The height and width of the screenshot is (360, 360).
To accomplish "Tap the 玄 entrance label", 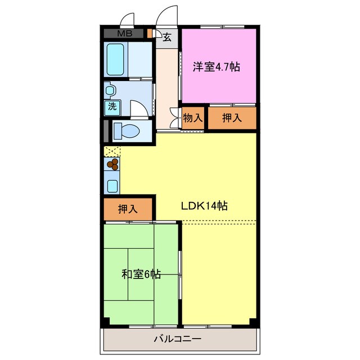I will coord(167,37).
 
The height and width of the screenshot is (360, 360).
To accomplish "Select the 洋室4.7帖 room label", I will coord(217,67).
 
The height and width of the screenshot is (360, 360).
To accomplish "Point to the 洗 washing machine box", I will coord(112,106).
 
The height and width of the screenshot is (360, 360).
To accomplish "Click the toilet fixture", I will coord(127,131).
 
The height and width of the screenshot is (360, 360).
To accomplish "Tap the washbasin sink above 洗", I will coord(110,89).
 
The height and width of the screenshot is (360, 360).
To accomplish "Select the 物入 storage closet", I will coord(192,118).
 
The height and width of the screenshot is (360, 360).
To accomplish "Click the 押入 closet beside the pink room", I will coord(232,118).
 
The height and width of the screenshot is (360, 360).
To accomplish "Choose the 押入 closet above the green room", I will coord(128,209).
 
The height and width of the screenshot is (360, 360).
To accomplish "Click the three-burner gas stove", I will coord(113,164).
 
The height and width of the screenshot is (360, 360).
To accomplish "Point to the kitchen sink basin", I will coord(112,185).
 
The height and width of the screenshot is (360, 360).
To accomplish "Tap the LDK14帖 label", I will coord(204,206).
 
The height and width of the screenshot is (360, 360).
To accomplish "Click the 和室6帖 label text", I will coord(141,274).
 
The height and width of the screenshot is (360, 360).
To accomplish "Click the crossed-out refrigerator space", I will coord(112,151).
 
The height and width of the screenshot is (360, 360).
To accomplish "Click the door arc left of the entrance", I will coord(128,20).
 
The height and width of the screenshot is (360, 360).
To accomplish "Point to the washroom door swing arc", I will coord(139,108).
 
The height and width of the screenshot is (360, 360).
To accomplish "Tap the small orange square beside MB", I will coord(150,33).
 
